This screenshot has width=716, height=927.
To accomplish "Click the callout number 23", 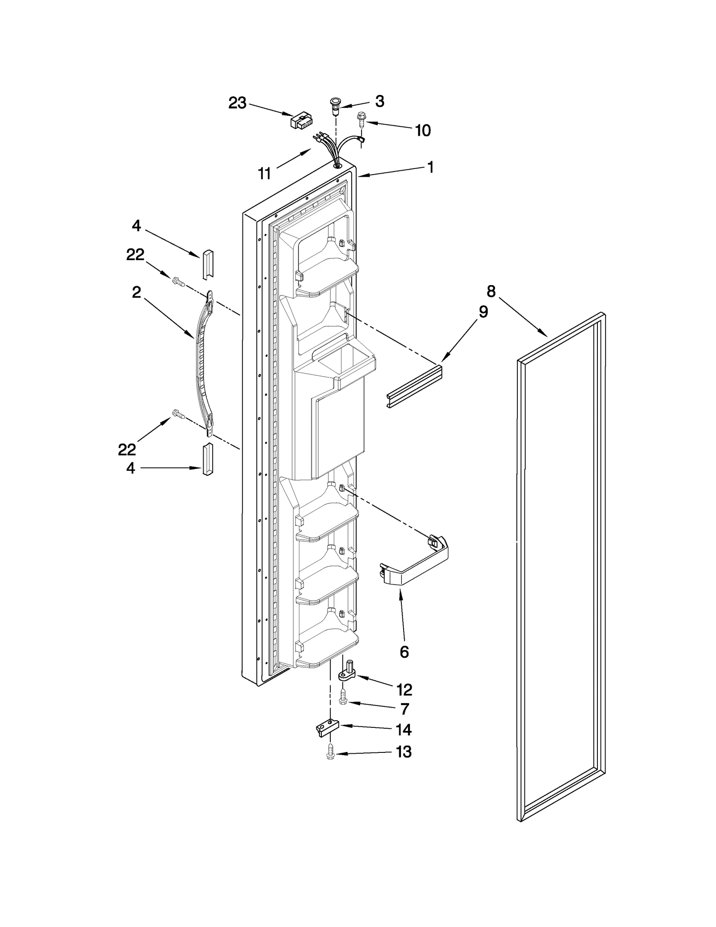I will click(x=237, y=103).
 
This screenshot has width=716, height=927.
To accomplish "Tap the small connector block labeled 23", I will click(x=302, y=121).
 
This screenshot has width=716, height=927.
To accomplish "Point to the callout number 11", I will click(x=264, y=173).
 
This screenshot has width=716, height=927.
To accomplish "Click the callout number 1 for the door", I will click(x=430, y=167).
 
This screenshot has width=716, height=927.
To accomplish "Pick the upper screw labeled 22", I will click(x=178, y=282).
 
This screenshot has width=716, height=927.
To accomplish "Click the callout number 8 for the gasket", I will click(x=491, y=292).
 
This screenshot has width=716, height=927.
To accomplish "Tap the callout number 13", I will click(x=404, y=752).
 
